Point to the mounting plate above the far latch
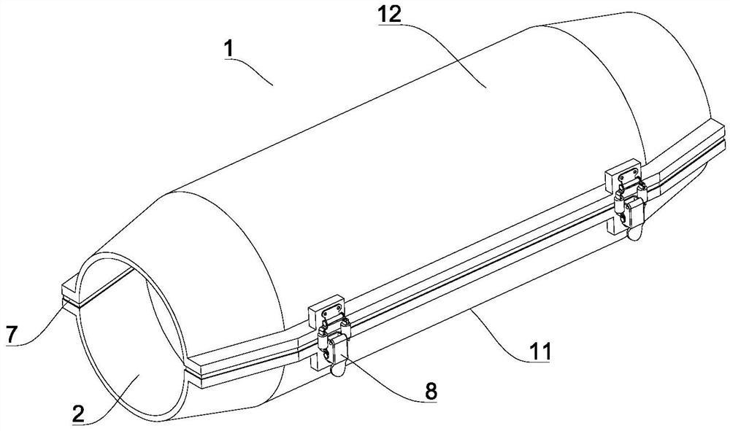[624, 175]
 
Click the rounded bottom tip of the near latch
[337, 370]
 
